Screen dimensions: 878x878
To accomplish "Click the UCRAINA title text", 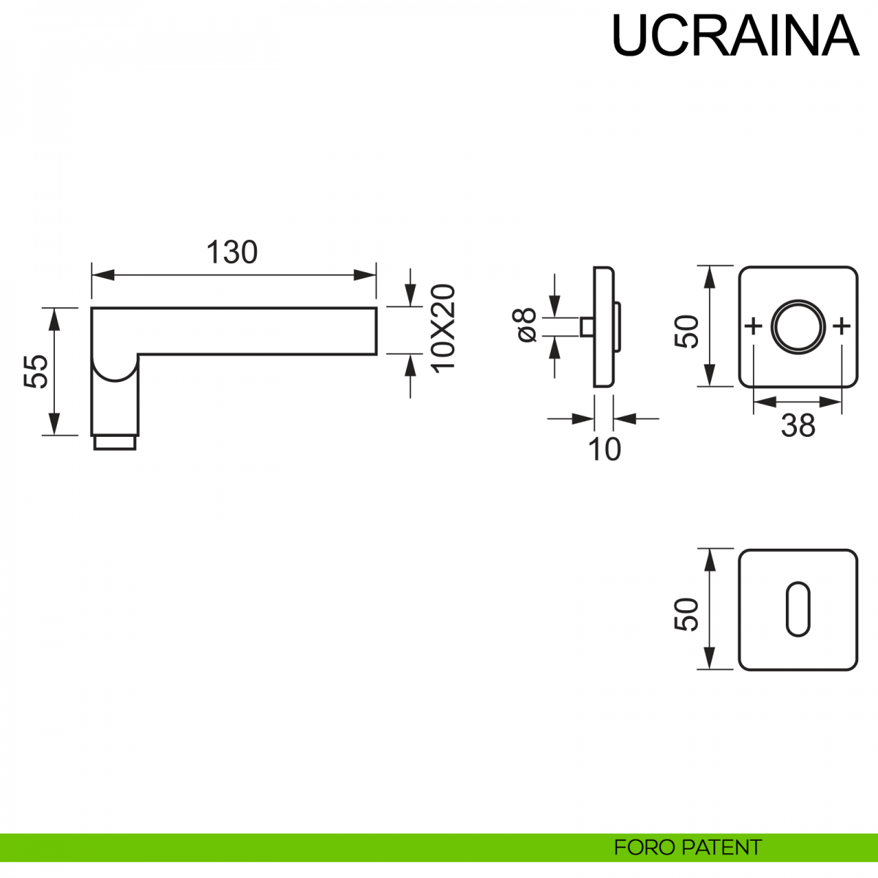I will tap(735, 35).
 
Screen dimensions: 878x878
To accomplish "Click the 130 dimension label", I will tap(232, 252).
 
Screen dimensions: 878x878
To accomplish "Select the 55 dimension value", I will tap(37, 371).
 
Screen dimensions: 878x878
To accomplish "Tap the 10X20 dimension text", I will tap(443, 329).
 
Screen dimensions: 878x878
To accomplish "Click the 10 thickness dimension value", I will tap(604, 449).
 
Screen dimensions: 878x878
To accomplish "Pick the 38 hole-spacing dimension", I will tap(798, 425).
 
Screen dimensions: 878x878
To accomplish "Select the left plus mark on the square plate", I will tap(753, 326).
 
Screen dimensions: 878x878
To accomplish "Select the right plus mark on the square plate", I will tap(842, 326).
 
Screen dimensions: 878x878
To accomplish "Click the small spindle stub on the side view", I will tap(586, 326).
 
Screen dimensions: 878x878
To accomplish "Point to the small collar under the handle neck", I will tap(115, 442).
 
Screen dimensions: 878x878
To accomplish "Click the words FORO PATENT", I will tap(688, 847).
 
